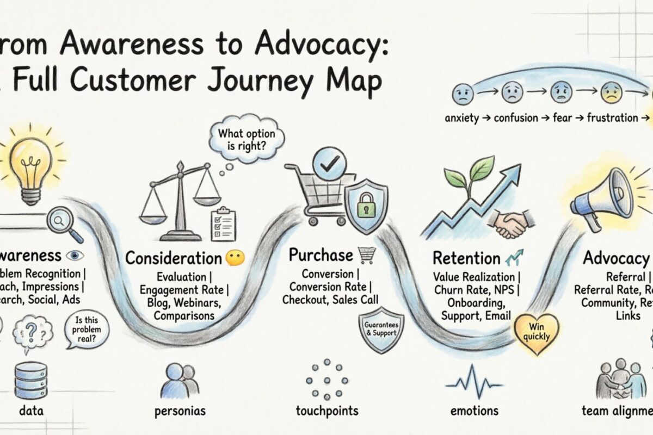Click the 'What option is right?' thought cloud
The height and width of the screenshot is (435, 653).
tap(247, 139)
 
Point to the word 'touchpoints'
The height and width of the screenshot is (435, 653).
tap(327, 411)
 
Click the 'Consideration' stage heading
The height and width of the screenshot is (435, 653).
tap(174, 258)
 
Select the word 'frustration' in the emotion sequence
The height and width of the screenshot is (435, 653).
tap(612, 117)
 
